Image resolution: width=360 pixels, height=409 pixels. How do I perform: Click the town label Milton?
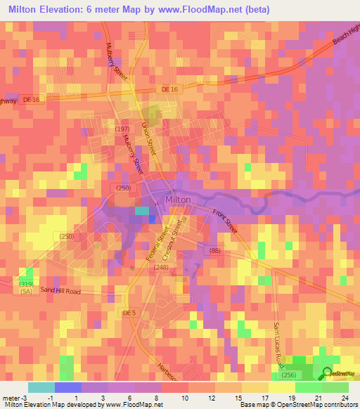pos(178,200)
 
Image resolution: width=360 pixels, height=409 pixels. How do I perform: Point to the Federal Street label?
pos(157,245)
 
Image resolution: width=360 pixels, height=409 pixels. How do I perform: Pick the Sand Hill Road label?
pos(61,290)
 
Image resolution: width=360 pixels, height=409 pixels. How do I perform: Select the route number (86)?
pos(214,250)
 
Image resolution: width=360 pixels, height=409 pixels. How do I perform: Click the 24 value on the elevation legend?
pos(345,398)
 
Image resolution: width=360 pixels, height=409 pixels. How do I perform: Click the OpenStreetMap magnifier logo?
pos(328,374)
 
